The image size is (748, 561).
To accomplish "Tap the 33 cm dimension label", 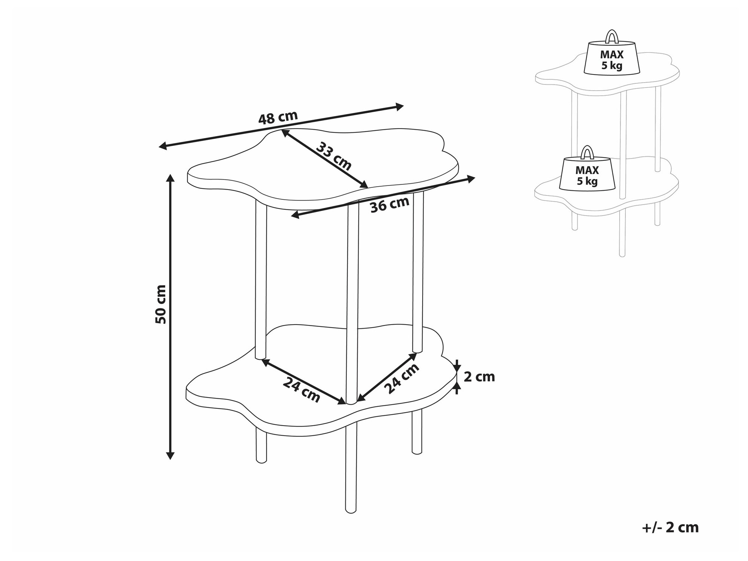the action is coord(334,157).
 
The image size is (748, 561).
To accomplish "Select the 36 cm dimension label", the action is coord(390,205).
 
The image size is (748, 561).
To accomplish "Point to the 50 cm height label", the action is coord(160,304).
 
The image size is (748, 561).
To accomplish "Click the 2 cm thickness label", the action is coord(479,377).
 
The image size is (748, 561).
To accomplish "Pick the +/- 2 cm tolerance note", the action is coord(670,527).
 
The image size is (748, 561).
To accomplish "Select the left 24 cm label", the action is coord(301,390).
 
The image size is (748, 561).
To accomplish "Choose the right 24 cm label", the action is coord(401,378).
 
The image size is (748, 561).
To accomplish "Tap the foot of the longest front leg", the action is coord(350,511).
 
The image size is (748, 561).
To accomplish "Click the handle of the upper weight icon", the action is coord(612,36).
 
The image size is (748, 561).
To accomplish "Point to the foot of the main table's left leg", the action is coord(261,461).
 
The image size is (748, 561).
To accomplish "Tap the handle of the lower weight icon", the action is coord(587,152).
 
